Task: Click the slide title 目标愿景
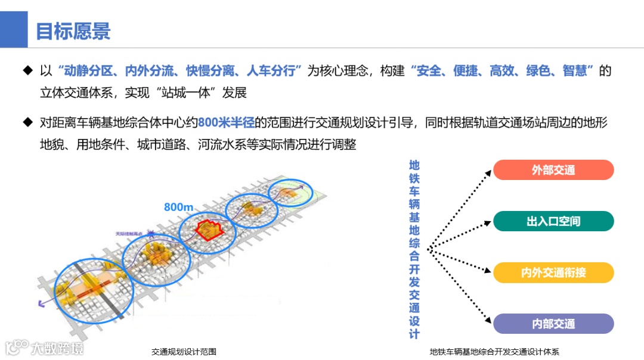pos(73,31)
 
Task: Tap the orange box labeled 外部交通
pos(553,170)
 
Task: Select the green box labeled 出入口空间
pos(553,221)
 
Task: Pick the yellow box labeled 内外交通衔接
pos(553,272)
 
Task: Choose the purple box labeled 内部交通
pos(553,324)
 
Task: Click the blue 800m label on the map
pos(179,207)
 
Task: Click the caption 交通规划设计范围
pos(184,352)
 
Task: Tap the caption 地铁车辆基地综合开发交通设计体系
pos(494,352)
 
